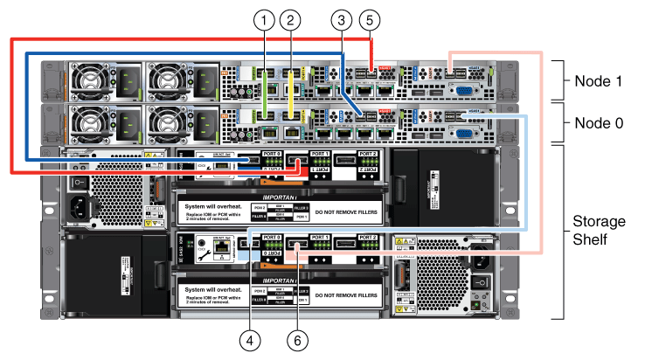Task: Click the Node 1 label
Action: click(x=599, y=81)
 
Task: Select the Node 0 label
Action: click(x=599, y=123)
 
